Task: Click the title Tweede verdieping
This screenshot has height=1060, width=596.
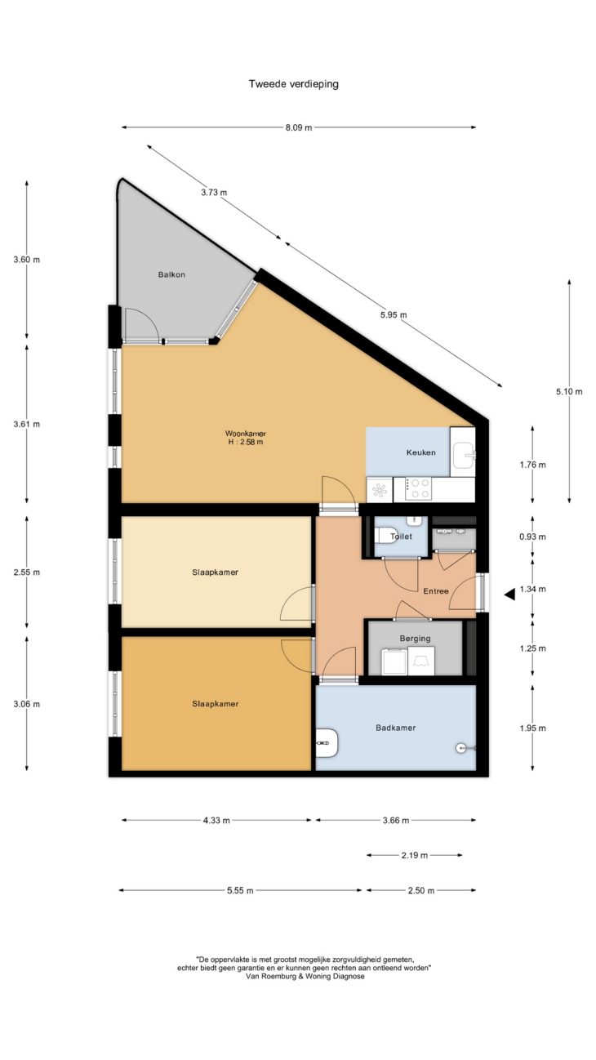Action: click(294, 84)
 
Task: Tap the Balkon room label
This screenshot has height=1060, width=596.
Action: click(171, 274)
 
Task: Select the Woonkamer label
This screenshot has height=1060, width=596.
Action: click(246, 434)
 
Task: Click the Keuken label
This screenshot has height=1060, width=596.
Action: click(421, 452)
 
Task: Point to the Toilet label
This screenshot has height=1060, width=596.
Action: click(401, 537)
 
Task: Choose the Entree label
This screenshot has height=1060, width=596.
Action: click(436, 591)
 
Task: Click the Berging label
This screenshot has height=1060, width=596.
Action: click(416, 639)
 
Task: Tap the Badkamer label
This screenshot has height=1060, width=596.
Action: click(396, 728)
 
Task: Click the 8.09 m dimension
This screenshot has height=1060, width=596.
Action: click(299, 127)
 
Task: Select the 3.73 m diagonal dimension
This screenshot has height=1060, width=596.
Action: click(214, 192)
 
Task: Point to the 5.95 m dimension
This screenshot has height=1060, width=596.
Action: click(394, 314)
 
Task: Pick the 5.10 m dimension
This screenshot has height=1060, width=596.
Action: click(569, 391)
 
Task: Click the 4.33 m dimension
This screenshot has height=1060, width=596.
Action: click(216, 821)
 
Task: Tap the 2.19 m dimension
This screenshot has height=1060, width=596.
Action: click(415, 855)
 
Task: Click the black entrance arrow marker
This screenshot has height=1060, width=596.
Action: click(509, 595)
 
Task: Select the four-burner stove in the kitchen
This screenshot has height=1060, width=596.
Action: click(419, 489)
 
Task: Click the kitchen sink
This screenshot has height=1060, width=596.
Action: click(464, 455)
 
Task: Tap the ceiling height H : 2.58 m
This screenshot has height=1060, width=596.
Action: click(246, 443)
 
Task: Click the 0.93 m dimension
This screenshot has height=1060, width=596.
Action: click(532, 537)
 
